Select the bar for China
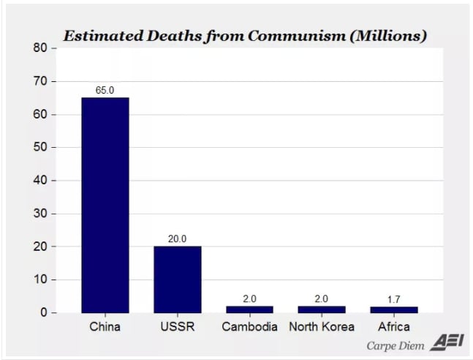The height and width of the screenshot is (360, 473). [105, 205]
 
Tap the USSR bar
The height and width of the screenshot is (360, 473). [177, 280]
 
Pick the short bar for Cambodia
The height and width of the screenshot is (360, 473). [249, 309]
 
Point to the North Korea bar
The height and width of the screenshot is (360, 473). [322, 309]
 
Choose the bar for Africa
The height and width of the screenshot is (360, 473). [394, 310]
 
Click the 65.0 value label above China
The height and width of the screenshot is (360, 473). [105, 90]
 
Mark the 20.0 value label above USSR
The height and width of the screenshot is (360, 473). [177, 239]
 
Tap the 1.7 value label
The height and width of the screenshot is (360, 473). [394, 299]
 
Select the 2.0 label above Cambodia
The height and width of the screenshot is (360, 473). [249, 299]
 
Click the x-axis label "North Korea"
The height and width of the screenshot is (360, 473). [322, 326]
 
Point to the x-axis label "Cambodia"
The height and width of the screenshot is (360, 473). [249, 326]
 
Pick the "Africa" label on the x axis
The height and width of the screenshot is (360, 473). [394, 326]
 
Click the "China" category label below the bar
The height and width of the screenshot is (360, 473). [105, 326]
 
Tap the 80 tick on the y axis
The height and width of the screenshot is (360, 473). [40, 48]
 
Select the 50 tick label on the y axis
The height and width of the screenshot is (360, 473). [40, 147]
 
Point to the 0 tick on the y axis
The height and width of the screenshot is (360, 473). [43, 312]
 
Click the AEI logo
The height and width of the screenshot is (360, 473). [442, 342]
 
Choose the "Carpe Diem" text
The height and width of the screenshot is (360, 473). [395, 344]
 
